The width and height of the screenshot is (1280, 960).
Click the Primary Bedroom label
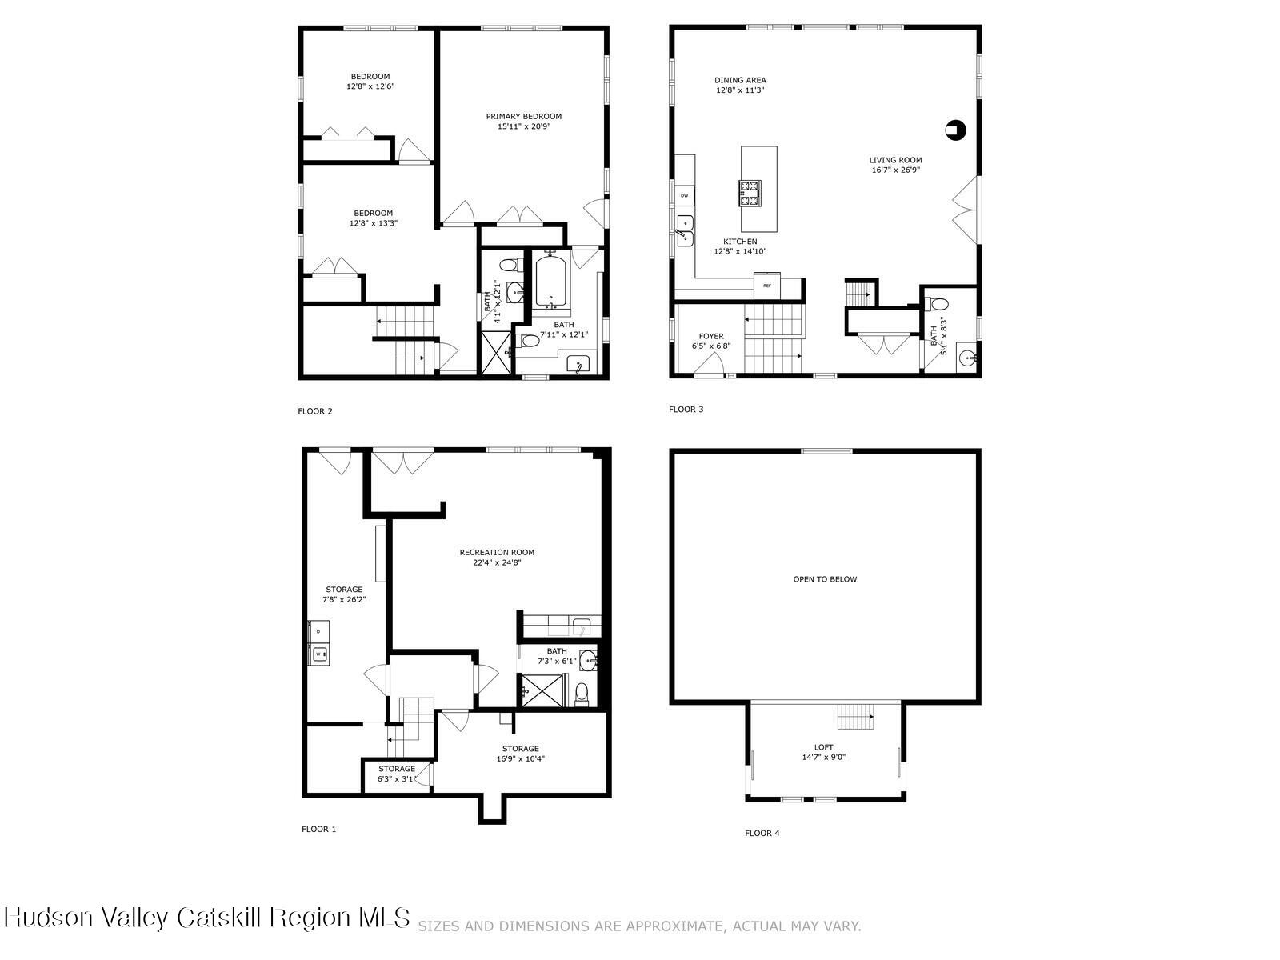tap(523, 116)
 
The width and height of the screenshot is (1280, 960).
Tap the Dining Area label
tap(740, 80)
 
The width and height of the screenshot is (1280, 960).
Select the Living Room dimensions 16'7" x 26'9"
tap(895, 170)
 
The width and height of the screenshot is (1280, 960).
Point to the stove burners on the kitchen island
tap(750, 190)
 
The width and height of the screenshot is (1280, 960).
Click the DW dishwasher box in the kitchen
tap(685, 195)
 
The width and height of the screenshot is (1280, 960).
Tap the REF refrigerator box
tap(766, 284)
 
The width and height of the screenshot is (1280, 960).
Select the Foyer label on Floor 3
tap(710, 336)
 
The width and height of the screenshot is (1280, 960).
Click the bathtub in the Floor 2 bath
tap(551, 282)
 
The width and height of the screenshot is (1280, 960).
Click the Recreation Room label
tap(497, 552)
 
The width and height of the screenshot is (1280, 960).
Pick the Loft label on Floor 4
tap(823, 747)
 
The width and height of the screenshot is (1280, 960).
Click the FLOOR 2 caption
tap(315, 411)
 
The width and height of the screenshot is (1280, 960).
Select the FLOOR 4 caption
tap(762, 833)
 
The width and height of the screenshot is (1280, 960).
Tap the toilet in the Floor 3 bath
tap(938, 304)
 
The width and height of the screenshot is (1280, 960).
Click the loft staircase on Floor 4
tap(856, 717)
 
